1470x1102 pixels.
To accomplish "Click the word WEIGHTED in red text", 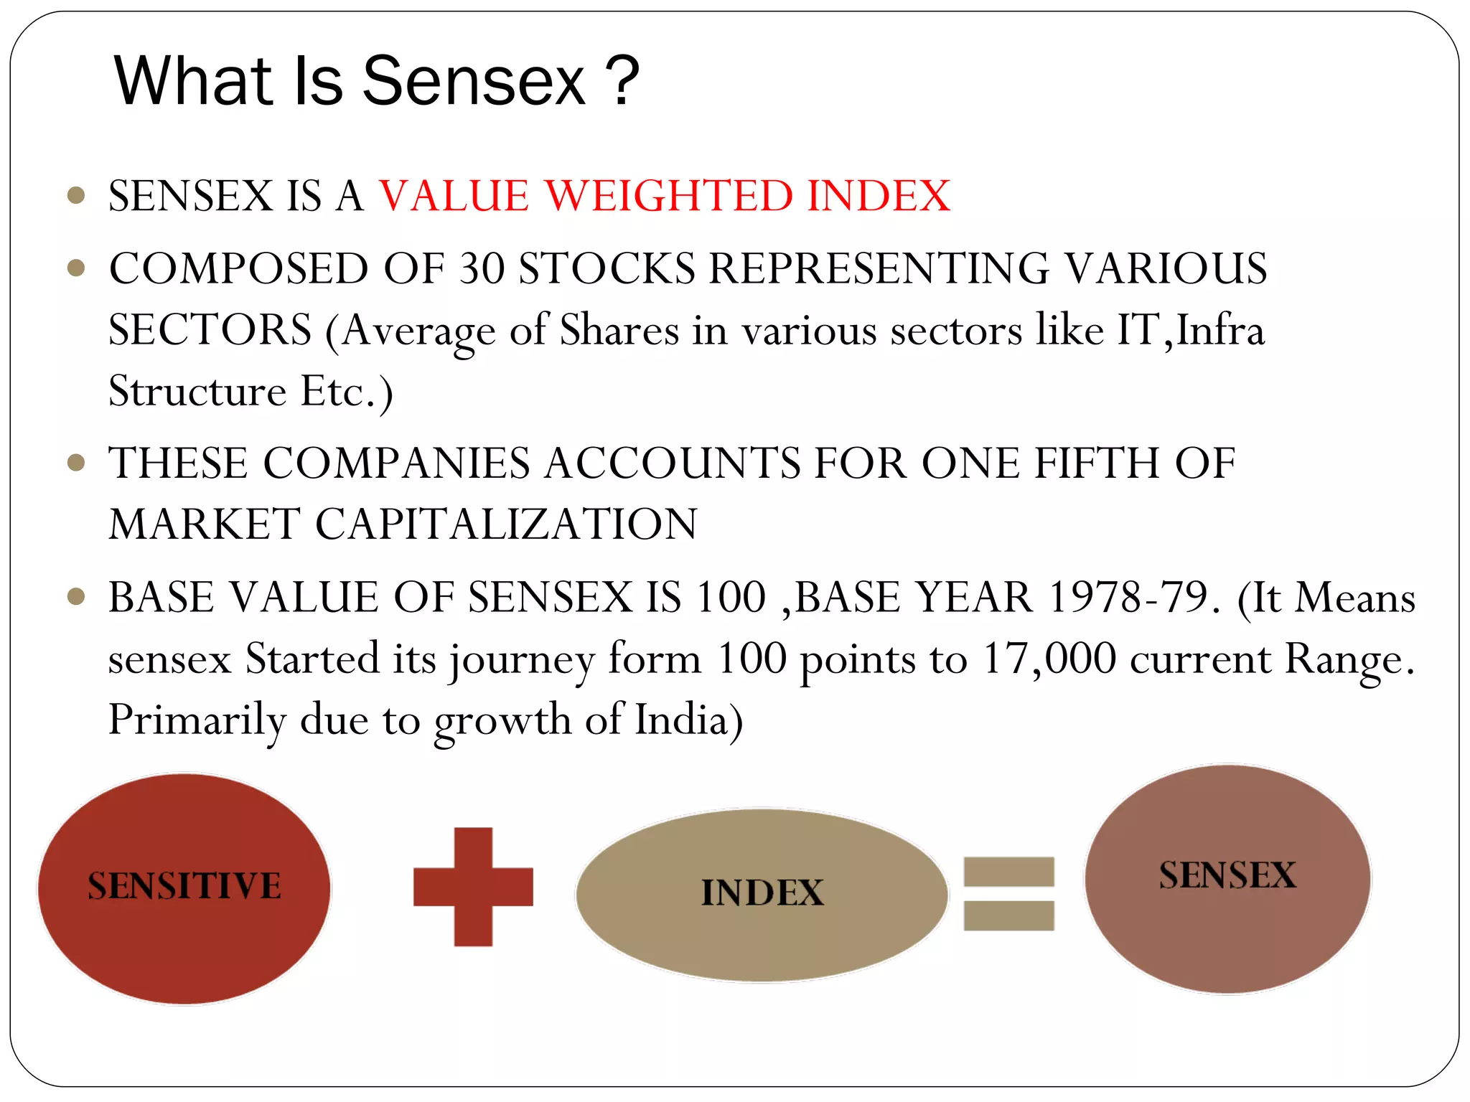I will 668,196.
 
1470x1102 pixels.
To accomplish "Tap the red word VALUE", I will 454,196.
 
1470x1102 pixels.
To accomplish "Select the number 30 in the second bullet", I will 482,269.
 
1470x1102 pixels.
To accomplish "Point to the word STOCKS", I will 607,269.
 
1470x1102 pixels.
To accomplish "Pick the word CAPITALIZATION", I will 506,524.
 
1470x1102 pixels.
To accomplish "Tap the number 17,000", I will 1049,659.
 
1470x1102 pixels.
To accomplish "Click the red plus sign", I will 473,887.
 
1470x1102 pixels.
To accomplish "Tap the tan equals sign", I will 1008,894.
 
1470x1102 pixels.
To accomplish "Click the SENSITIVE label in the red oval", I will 184,886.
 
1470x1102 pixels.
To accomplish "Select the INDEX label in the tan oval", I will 762,893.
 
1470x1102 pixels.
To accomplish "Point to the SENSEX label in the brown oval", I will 1227,875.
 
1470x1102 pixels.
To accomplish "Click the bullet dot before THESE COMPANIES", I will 76,463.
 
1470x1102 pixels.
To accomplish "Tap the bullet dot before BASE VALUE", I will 76,597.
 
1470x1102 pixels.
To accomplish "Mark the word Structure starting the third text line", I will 197,392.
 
